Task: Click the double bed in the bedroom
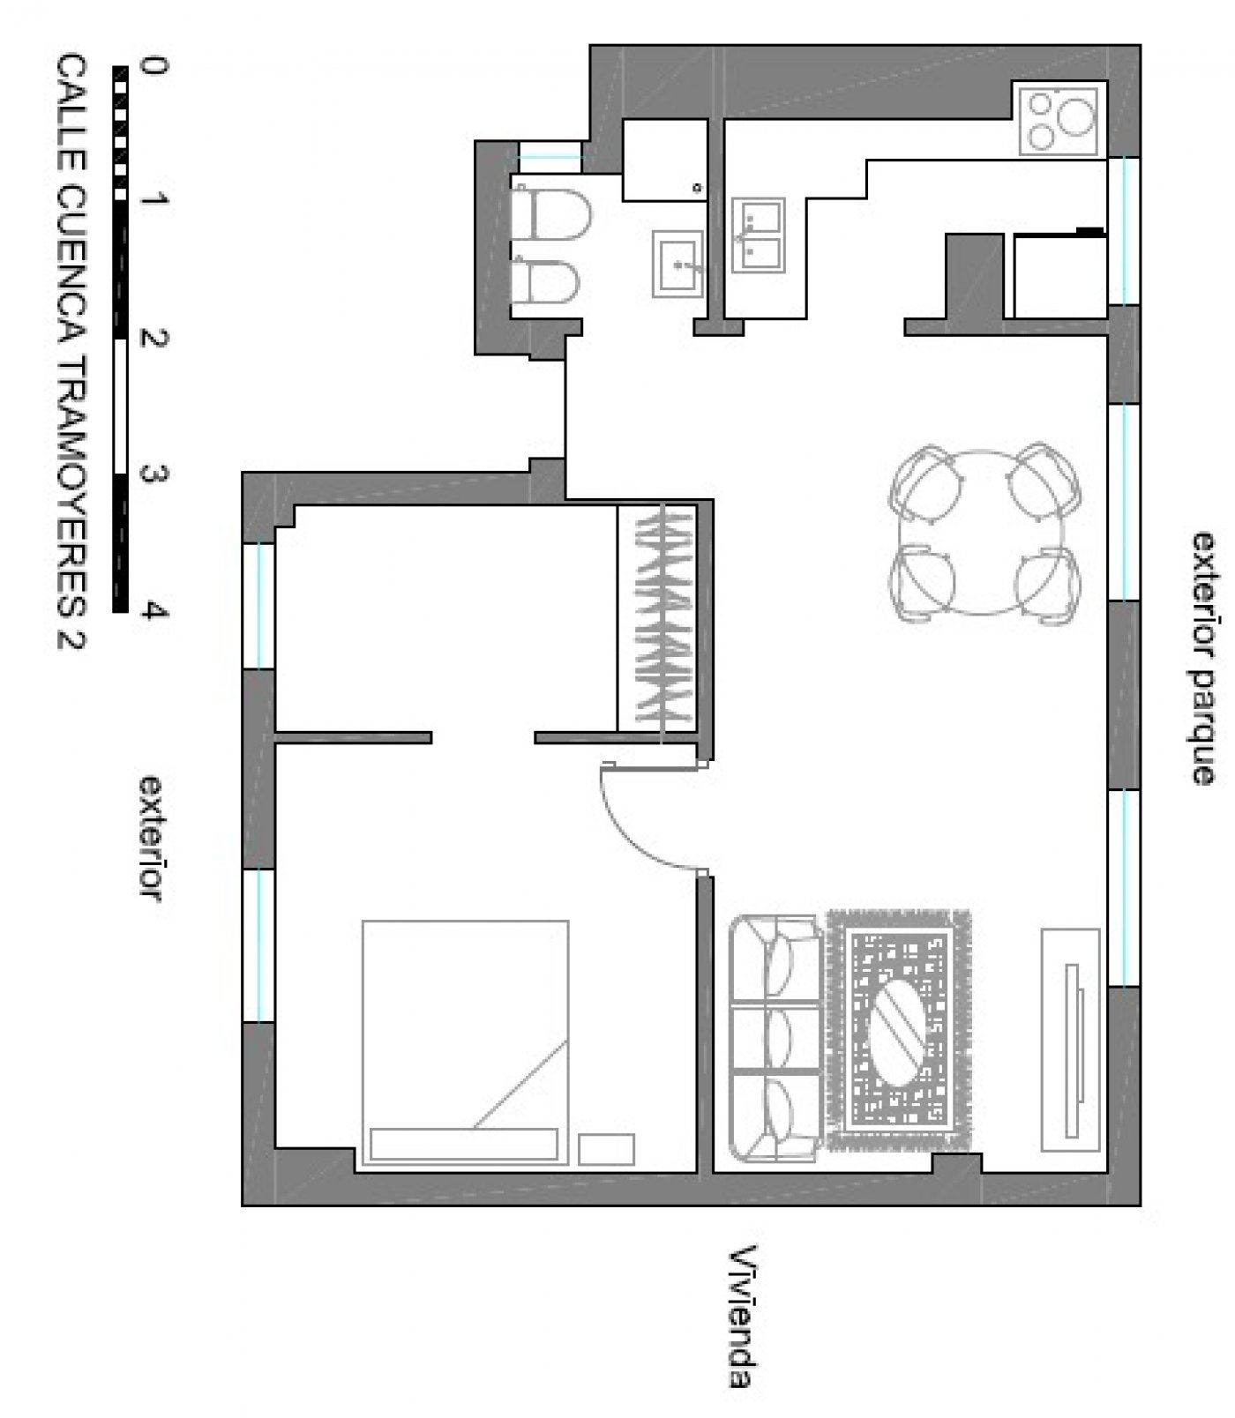(465, 1043)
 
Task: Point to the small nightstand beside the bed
(606, 1149)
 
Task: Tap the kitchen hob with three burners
(1059, 120)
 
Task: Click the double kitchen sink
(759, 235)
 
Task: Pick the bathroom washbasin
(678, 263)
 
